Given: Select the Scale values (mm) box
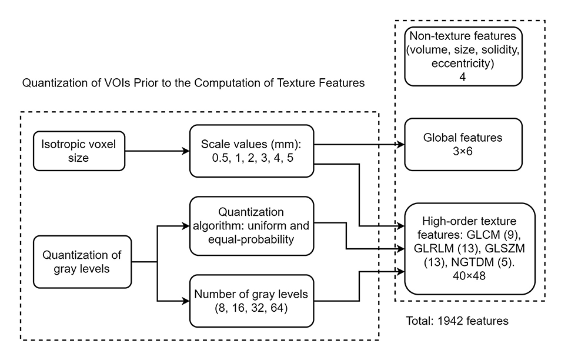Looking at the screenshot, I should pyautogui.click(x=253, y=151).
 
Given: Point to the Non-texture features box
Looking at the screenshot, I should pyautogui.click(x=463, y=56).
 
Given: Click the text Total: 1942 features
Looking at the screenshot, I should pyautogui.click(x=457, y=322).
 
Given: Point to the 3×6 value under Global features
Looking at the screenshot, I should pyautogui.click(x=463, y=151).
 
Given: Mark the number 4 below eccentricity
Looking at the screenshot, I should pyautogui.click(x=463, y=75).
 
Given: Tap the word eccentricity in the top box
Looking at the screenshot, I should pyautogui.click(x=463, y=62).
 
